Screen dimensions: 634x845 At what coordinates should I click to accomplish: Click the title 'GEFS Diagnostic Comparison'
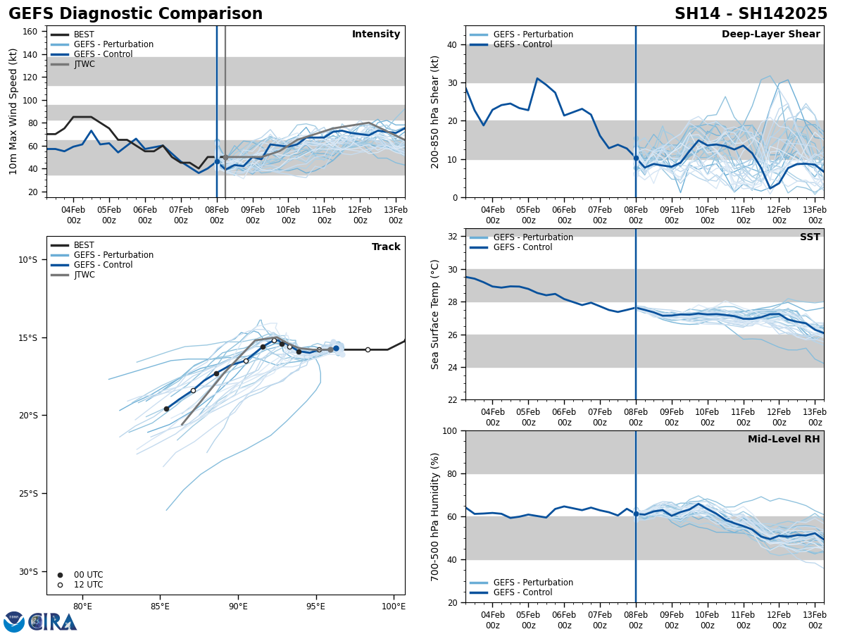(135, 14)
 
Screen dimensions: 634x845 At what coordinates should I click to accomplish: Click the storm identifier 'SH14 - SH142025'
(751, 14)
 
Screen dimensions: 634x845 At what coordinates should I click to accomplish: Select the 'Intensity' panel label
(376, 35)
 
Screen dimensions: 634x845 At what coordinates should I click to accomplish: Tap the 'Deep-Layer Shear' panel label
(770, 35)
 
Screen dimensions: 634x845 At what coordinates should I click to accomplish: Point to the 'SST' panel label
(810, 237)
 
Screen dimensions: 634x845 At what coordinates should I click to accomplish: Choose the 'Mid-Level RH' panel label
(784, 440)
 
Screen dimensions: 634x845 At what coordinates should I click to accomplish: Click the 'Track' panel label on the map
(386, 247)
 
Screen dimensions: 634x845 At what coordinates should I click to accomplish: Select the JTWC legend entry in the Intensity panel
(84, 64)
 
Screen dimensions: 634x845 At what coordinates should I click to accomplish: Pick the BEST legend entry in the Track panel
(84, 245)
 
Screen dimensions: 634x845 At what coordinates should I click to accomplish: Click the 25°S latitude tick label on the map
(27, 494)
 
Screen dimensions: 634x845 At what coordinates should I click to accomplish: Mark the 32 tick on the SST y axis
(453, 236)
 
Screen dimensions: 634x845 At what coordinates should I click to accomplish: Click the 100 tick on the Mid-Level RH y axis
(451, 430)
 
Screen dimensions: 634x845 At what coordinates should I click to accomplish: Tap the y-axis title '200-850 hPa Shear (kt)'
(436, 111)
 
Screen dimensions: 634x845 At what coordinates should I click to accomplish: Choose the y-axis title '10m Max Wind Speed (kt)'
(13, 111)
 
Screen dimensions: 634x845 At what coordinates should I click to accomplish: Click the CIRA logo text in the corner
(52, 622)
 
